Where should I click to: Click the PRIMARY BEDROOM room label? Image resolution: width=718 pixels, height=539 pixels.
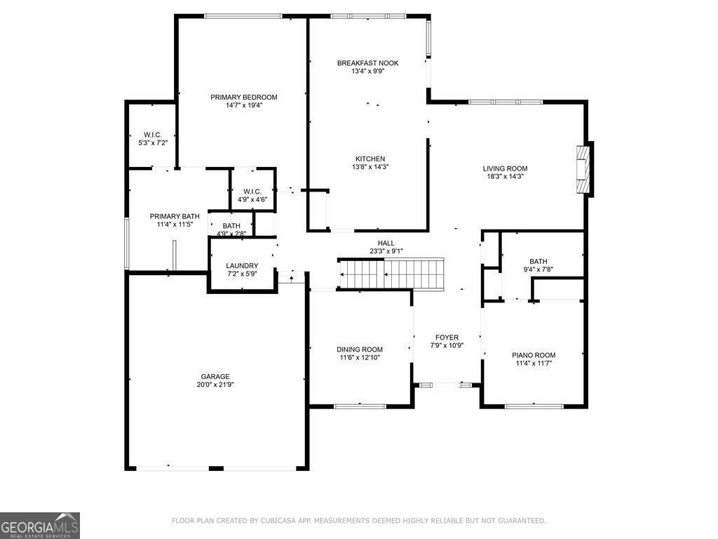243,97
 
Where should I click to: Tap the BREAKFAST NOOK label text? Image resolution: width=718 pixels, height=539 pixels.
367,63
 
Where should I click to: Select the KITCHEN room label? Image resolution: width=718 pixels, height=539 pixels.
370,159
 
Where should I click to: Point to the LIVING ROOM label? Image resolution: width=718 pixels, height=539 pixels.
505,168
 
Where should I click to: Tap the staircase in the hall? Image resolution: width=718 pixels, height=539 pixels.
392,273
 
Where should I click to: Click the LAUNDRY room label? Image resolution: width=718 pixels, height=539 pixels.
242,265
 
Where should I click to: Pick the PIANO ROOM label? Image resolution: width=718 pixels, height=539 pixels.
533,355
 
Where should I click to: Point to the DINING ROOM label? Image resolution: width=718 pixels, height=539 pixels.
360,350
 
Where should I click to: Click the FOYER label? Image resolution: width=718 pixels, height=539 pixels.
447,338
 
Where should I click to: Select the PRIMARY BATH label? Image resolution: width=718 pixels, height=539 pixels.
175,216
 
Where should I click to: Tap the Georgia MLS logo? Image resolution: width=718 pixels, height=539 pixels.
40,526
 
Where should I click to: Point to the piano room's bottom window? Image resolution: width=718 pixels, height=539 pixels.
534,406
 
